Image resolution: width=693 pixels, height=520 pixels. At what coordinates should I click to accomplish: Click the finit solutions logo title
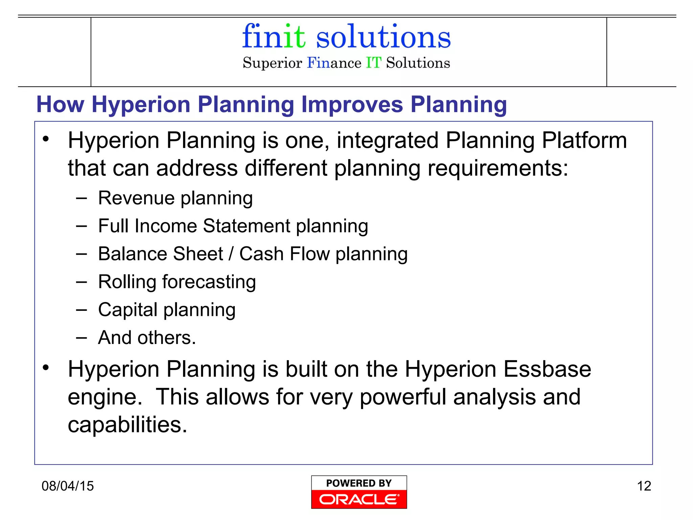pyautogui.click(x=346, y=37)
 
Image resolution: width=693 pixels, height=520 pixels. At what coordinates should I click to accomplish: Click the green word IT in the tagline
pyautogui.click(x=374, y=63)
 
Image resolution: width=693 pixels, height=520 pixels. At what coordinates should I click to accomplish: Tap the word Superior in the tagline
pyautogui.click(x=272, y=63)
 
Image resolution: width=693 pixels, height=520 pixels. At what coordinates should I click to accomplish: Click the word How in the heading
pyautogui.click(x=60, y=104)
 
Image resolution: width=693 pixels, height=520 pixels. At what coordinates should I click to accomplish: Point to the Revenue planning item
pyautogui.click(x=175, y=198)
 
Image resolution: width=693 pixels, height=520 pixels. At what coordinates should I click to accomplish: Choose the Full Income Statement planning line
pyautogui.click(x=233, y=226)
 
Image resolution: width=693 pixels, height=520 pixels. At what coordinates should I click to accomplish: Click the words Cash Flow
pyautogui.click(x=284, y=254)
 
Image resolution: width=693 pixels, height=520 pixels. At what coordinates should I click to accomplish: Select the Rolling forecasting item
pyautogui.click(x=177, y=282)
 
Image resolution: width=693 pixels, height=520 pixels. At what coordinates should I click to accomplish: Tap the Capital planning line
pyautogui.click(x=166, y=310)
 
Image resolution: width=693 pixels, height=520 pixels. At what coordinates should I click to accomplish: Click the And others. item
pyautogui.click(x=147, y=338)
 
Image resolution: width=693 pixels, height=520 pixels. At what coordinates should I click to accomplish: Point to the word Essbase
pyautogui.click(x=547, y=369)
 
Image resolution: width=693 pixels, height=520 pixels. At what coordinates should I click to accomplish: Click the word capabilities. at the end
pyautogui.click(x=127, y=425)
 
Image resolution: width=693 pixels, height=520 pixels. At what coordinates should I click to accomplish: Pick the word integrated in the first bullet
pyautogui.click(x=387, y=140)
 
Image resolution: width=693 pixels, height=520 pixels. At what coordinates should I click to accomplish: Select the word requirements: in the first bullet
pyautogui.click(x=498, y=168)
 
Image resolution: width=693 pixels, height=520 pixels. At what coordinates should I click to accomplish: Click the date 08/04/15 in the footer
pyautogui.click(x=67, y=486)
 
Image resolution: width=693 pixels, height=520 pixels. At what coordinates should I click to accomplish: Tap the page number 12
pyautogui.click(x=644, y=486)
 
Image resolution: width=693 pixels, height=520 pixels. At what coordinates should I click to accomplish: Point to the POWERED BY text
pyautogui.click(x=359, y=483)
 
